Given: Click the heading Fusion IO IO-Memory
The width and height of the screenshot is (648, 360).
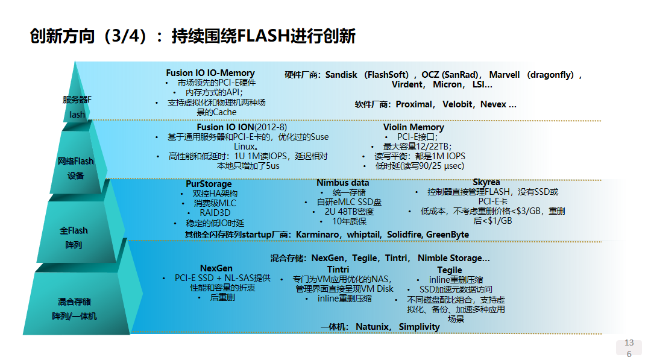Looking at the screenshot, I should (x=210, y=73).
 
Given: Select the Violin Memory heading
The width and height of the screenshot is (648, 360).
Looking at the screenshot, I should (x=414, y=127).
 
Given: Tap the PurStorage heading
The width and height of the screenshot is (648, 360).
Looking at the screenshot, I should (x=209, y=184).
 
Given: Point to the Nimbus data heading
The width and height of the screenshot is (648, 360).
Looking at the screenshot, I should (x=343, y=183).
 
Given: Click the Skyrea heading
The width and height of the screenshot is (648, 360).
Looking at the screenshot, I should (x=486, y=182).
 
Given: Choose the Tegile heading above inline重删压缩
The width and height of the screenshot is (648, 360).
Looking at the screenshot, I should (x=450, y=270).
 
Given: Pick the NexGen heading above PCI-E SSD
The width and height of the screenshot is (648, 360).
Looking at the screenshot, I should (x=216, y=268).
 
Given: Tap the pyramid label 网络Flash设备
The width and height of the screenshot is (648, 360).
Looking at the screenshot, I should (x=76, y=168).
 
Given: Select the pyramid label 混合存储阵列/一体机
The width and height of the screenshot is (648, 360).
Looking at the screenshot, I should (x=74, y=308).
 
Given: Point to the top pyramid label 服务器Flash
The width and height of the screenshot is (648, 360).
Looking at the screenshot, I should (x=77, y=107).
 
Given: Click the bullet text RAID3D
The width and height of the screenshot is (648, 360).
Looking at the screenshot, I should (x=215, y=213).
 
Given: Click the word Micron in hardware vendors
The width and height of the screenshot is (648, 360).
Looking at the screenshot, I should (x=447, y=84).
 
